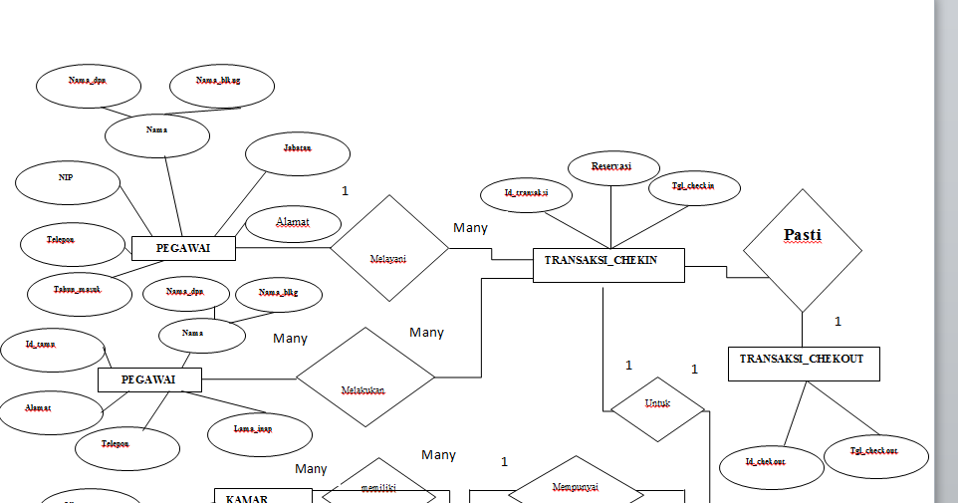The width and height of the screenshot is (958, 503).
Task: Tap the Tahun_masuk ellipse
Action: (78, 289)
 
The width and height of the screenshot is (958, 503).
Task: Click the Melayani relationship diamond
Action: (389, 247)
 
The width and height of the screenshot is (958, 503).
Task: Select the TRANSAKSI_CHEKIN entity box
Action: (608, 263)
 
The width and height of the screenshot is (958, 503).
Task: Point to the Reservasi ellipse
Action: (611, 166)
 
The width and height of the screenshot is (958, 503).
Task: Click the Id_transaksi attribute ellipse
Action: (528, 193)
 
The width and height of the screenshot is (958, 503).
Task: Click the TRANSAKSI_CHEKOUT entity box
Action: (804, 363)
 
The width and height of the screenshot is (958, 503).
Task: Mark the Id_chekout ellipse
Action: (765, 463)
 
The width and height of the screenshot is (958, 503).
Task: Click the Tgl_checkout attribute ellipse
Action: (874, 453)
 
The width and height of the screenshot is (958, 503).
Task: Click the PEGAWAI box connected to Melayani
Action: (184, 247)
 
